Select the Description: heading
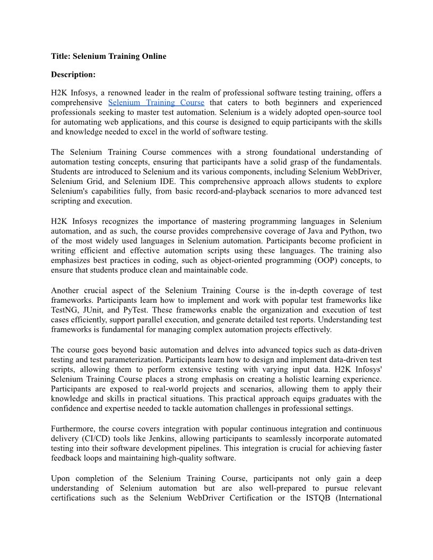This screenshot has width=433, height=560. pos(73,75)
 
